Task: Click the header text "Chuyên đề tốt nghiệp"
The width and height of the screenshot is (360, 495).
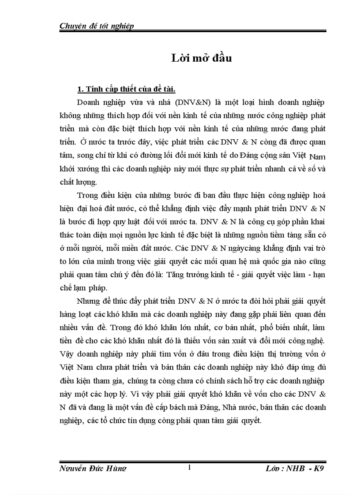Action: (97, 26)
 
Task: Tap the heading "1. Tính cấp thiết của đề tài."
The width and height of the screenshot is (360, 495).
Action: (126, 90)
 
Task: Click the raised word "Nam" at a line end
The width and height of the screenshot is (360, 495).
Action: (318, 156)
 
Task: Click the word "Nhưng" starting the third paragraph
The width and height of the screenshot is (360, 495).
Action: (87, 302)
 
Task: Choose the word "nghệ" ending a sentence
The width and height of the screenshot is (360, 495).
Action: (315, 341)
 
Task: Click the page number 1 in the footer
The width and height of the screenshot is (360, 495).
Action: (189, 468)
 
